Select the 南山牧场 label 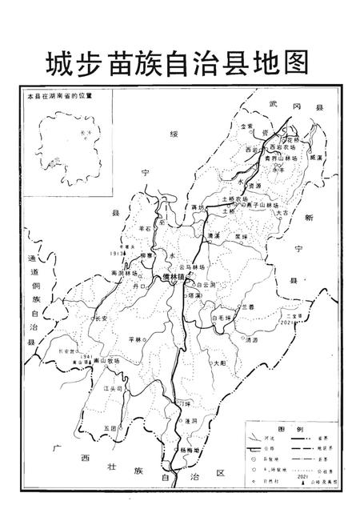[x=106, y=361]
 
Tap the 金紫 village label [x=248, y=126]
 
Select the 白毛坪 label [x=222, y=318]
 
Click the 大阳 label [x=220, y=363]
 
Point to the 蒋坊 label [x=199, y=207]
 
